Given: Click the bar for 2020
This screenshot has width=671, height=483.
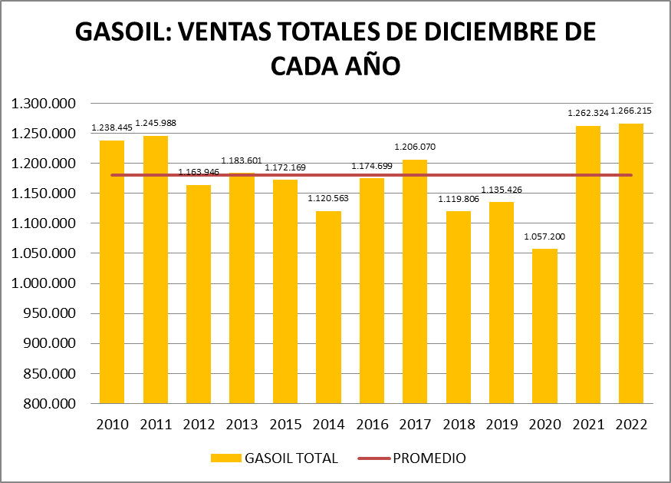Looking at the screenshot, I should (x=545, y=326).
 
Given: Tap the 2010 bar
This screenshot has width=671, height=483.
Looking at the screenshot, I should (x=112, y=272).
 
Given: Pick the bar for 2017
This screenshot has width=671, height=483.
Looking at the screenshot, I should (x=415, y=281).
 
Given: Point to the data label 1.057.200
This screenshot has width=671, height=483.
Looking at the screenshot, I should (x=545, y=237).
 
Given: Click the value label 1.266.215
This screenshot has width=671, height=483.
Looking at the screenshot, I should (x=632, y=112).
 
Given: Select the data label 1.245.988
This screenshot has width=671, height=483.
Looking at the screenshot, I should (x=156, y=123).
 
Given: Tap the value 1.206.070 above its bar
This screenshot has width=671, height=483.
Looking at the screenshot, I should (x=415, y=147).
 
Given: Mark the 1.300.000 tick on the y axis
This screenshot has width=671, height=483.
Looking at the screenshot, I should (x=44, y=104).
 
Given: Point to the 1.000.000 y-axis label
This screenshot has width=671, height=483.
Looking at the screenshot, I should (x=44, y=283).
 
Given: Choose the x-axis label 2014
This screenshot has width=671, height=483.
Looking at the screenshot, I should (x=328, y=425).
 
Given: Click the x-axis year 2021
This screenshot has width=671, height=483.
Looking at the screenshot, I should (x=588, y=425).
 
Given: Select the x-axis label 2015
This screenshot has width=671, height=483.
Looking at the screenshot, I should (x=285, y=425).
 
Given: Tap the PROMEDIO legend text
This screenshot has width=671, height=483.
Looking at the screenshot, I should (x=429, y=458).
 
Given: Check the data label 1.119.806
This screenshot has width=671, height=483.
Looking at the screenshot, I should (x=459, y=198).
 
